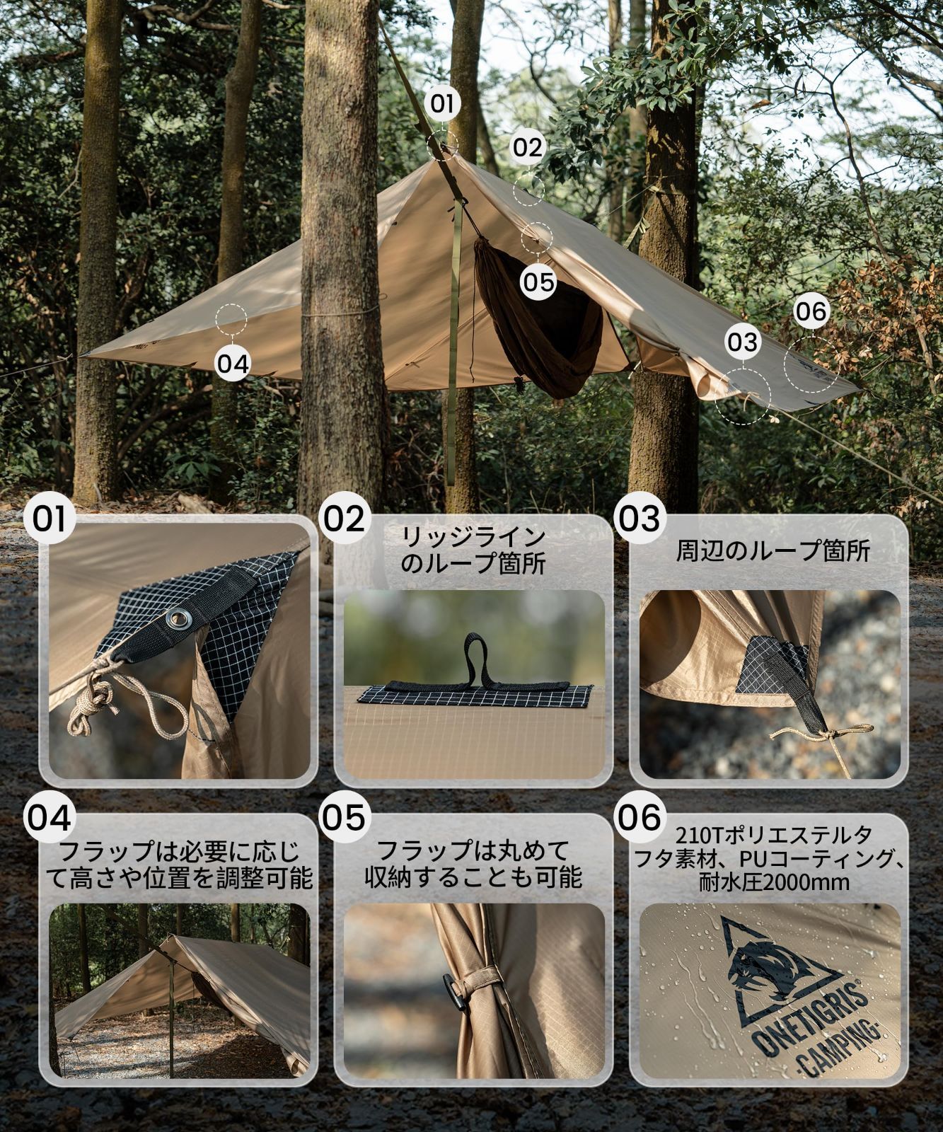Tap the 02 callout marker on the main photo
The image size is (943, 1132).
click(x=526, y=148)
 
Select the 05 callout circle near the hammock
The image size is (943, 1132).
click(x=539, y=282)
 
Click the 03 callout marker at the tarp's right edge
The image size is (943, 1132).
click(x=742, y=342)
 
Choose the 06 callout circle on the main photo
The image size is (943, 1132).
click(x=810, y=311)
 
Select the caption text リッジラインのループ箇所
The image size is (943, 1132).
click(x=473, y=551)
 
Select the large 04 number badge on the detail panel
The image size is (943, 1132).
click(x=50, y=816)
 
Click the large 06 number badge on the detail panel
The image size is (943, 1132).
click(x=640, y=816)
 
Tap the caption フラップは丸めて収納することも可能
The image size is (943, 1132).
click(x=473, y=863)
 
